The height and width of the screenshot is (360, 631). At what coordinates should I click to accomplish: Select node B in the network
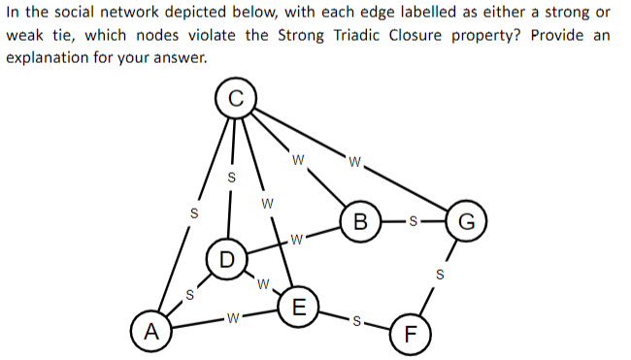pos(361,218)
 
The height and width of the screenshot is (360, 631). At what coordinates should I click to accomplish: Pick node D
pos(226,259)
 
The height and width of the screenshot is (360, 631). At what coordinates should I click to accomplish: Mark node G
pos(465,218)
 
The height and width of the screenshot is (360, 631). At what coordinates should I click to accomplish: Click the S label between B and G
pos(413,219)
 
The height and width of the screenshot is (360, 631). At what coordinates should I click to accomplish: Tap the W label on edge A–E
pos(229,317)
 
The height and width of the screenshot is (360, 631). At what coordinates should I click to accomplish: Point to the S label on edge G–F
pos(439,276)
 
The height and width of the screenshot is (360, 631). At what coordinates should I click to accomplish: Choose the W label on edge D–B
pos(297,239)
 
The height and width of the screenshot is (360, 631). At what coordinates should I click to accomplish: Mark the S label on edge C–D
pos(230,178)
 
